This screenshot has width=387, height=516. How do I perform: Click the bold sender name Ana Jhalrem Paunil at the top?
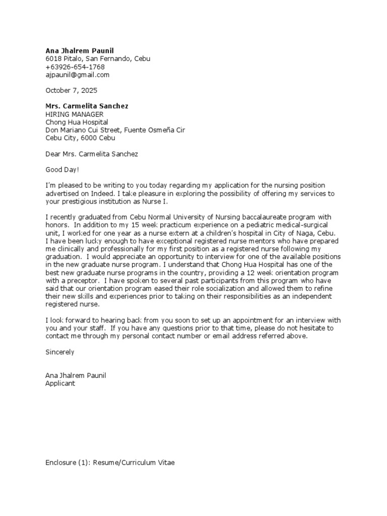point(80,51)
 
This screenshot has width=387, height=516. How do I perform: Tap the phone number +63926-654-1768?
point(75,67)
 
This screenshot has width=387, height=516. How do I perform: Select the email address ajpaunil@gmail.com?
point(77,75)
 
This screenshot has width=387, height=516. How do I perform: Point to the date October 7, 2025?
point(71,91)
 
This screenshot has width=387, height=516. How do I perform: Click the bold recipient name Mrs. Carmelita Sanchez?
point(87,106)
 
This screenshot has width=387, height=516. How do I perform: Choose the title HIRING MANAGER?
point(75,114)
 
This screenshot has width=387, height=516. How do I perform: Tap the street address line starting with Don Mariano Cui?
point(115,130)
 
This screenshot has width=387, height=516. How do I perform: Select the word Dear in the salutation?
point(53,154)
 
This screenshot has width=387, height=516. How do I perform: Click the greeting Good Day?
point(62,170)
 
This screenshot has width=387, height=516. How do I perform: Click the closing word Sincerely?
point(60,352)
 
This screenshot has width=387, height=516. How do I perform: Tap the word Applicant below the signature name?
point(60,383)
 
